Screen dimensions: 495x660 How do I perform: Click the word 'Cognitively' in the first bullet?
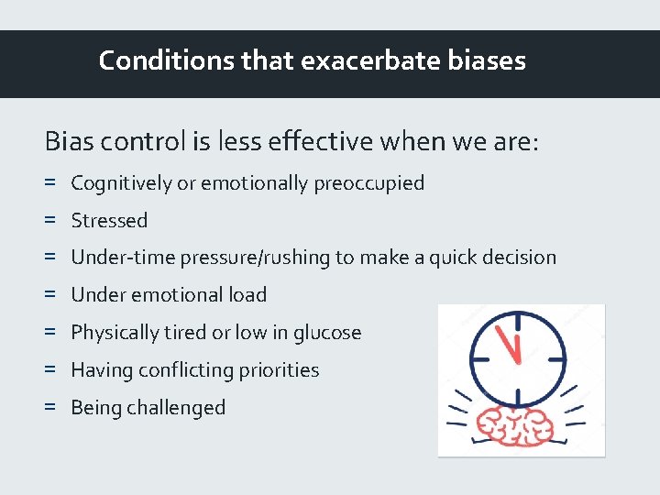[121, 183]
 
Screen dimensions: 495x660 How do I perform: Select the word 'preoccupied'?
[369, 183]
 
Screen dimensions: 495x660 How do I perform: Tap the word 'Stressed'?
[109, 221]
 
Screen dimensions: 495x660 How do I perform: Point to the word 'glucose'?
[327, 333]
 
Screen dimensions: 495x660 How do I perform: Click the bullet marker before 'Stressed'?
[49, 221]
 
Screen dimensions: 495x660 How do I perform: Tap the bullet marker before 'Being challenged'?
[49, 408]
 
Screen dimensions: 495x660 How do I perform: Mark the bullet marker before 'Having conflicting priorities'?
[49, 370]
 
